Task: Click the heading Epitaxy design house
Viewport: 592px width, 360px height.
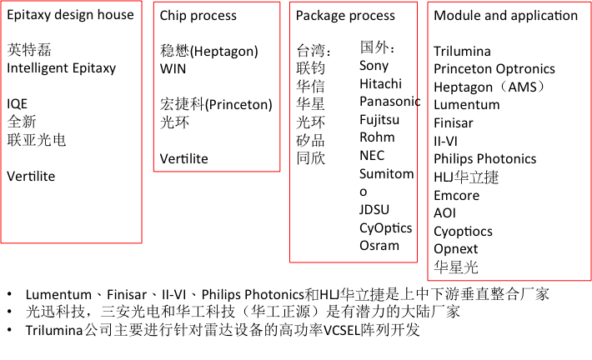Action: point(70,15)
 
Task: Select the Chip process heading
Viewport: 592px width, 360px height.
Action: point(198,16)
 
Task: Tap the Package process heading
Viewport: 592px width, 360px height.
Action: point(345,16)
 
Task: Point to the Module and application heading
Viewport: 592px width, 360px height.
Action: point(505,16)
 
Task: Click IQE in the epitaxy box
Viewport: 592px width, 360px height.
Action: point(18,104)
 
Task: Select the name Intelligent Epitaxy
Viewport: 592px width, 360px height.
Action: point(62,68)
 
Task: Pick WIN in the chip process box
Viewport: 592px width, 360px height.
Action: point(173,68)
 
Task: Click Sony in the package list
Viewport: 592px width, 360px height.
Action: point(374,65)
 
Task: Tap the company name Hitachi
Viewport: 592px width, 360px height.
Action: point(380,83)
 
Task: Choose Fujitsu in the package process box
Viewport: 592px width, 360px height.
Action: point(379,119)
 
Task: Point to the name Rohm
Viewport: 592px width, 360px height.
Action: point(377,137)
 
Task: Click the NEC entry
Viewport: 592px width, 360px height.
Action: point(372,156)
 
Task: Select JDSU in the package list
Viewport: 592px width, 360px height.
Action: point(374,209)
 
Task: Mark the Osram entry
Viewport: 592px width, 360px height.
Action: point(379,246)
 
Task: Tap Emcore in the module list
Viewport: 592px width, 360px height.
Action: point(456,195)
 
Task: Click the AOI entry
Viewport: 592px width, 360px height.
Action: point(444,213)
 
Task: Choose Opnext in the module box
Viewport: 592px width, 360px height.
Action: point(455,249)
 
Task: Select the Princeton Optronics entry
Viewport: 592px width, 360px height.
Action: point(494,69)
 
